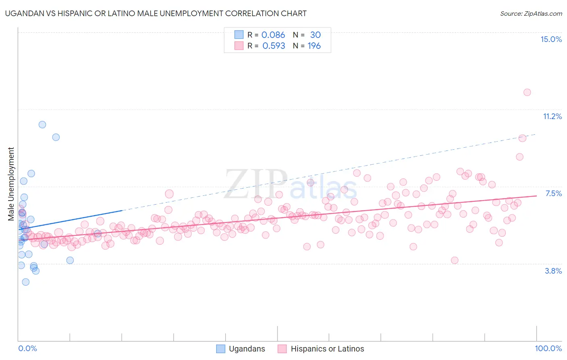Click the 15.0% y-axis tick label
551,39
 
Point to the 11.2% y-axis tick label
552,116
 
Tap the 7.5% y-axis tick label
553,193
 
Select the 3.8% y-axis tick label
553,271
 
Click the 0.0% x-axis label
27,348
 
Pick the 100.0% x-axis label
548,348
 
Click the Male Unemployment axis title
11,184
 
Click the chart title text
156,13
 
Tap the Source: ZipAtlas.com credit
531,13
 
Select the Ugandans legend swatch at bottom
221,349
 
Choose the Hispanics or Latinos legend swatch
282,349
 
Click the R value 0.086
273,35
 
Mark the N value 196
314,46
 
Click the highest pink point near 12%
527,92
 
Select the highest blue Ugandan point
42,125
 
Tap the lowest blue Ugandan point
26,282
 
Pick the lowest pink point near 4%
454,260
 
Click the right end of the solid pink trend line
536,196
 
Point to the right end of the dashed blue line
536,134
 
